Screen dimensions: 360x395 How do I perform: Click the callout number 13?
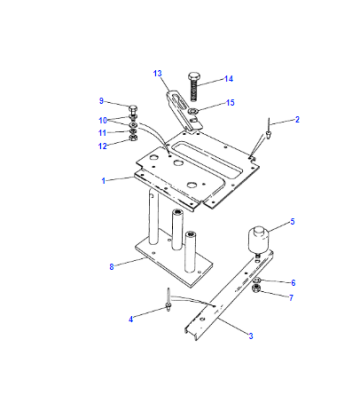[x=157, y=73]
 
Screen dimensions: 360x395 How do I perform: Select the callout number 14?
[x=228, y=79]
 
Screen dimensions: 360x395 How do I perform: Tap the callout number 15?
[x=230, y=103]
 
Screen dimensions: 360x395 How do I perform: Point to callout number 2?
[x=297, y=120]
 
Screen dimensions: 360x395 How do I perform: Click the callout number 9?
[x=101, y=101]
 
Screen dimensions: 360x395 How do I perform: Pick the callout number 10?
[x=103, y=120]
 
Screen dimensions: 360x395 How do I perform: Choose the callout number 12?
[x=102, y=146]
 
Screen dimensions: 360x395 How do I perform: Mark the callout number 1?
[x=103, y=181]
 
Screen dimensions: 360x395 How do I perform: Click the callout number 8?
[x=112, y=267]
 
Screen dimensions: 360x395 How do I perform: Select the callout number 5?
[x=292, y=222]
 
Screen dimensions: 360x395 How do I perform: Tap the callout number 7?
[x=291, y=298]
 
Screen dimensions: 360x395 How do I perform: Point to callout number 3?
[x=251, y=336]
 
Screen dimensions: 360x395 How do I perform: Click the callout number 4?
[x=131, y=319]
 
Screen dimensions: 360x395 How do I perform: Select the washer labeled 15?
[x=193, y=111]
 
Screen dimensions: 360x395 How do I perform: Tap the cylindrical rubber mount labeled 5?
[x=258, y=240]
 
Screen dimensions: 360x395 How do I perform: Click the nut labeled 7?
[x=257, y=288]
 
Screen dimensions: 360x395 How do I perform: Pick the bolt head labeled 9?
[x=133, y=109]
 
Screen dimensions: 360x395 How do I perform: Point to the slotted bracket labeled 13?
[x=182, y=110]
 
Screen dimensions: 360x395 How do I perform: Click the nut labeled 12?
[x=133, y=137]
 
